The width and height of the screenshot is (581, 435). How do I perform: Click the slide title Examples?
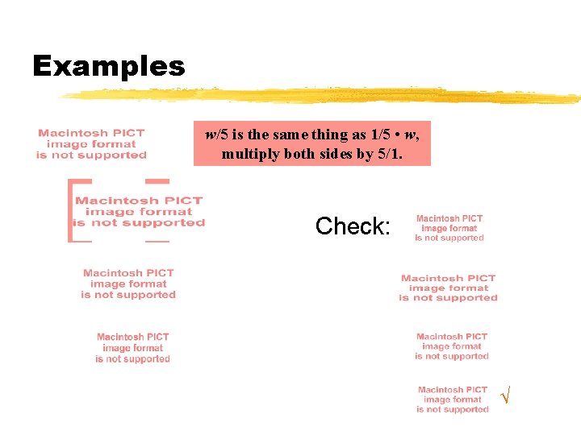pyautogui.click(x=108, y=66)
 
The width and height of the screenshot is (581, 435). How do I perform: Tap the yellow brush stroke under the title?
pyautogui.click(x=323, y=96)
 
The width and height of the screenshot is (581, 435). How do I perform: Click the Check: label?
pyautogui.click(x=353, y=226)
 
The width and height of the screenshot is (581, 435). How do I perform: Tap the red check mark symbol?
pyautogui.click(x=505, y=396)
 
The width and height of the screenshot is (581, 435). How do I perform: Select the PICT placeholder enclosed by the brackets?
pyautogui.click(x=139, y=211)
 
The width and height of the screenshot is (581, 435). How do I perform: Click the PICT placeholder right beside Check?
pyautogui.click(x=449, y=228)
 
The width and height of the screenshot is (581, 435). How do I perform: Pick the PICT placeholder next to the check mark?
pyautogui.click(x=453, y=400)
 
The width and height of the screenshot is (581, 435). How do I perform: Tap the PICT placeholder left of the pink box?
pyautogui.click(x=91, y=144)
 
